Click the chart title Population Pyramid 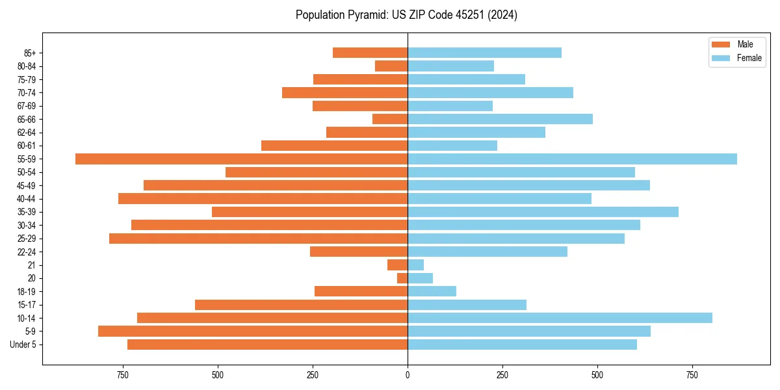406,15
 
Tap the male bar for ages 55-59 241,159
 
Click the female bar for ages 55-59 572,159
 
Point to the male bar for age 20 402,278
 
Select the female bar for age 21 416,265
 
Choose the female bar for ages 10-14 560,318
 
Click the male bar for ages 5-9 253,331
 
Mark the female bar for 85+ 484,53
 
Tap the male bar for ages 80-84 391,66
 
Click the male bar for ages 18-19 361,291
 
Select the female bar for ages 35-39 543,212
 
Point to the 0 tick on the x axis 408,375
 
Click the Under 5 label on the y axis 23,344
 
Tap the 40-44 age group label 26,199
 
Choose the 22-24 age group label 26,252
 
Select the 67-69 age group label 26,106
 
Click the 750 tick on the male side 122,375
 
